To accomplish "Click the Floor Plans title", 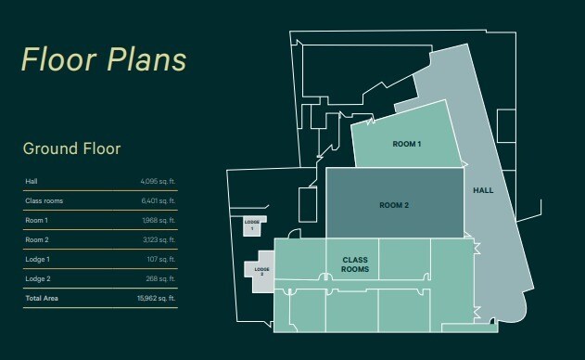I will pos(104,58).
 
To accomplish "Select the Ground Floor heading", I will pos(71,148).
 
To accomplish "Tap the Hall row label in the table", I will pos(31,181).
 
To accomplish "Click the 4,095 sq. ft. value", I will pos(158,181).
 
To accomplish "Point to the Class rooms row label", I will pos(44,200).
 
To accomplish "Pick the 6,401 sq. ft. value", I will pos(158,200).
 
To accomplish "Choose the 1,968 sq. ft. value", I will pos(159,220).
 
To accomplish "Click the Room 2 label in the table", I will pos(36,239).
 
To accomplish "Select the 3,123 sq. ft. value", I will pos(159,239).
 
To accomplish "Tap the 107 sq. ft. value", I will pos(161,259).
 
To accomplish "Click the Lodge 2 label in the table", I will pos(37,278).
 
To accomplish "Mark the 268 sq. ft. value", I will pos(160,278).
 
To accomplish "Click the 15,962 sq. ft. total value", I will pos(157,298).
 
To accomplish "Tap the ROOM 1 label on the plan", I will pos(407,145).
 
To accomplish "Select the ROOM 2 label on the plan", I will pos(394,205).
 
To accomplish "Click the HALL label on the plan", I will pos(483,190).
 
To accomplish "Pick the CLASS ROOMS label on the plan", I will pos(356,264).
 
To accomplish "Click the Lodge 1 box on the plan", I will pos(252,225).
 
